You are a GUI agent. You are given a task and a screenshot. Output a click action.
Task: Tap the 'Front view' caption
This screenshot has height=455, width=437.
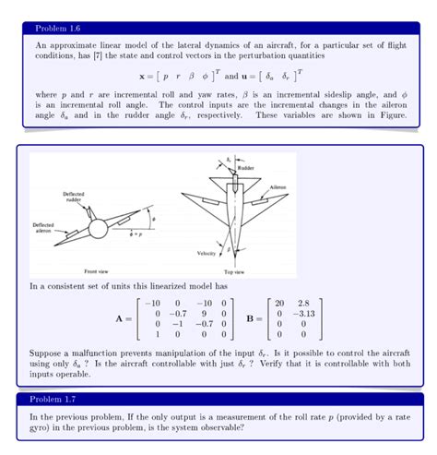98,271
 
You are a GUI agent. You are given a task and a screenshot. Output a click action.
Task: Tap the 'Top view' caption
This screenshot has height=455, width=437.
234,272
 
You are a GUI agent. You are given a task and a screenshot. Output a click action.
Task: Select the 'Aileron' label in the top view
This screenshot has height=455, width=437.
278,186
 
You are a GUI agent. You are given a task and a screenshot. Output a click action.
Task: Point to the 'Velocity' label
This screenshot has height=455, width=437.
206,253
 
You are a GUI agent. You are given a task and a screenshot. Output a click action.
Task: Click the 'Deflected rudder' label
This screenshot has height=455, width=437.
74,197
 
